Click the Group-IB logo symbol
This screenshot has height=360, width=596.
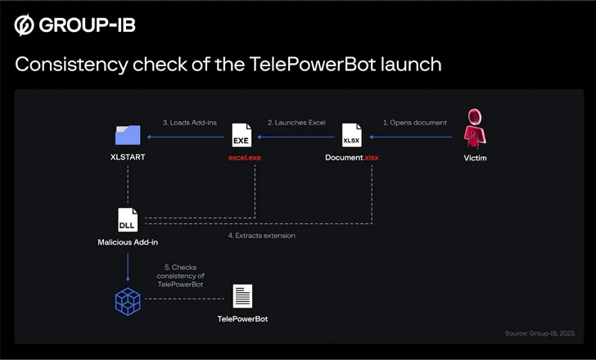tap(24, 25)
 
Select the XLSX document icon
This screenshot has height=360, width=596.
tap(351, 133)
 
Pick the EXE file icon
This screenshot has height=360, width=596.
tap(242, 133)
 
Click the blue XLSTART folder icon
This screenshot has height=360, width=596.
tap(128, 133)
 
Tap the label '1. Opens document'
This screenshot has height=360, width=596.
tap(415, 123)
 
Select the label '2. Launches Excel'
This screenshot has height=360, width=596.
tap(296, 123)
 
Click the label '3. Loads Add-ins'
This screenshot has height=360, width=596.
tap(189, 123)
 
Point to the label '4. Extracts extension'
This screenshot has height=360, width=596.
tap(261, 236)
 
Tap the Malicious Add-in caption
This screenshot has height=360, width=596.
tap(128, 242)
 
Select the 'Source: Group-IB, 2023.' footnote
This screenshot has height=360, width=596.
tap(540, 333)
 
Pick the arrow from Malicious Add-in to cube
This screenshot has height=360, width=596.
tap(128, 265)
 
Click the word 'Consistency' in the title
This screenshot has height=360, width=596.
tap(70, 65)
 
